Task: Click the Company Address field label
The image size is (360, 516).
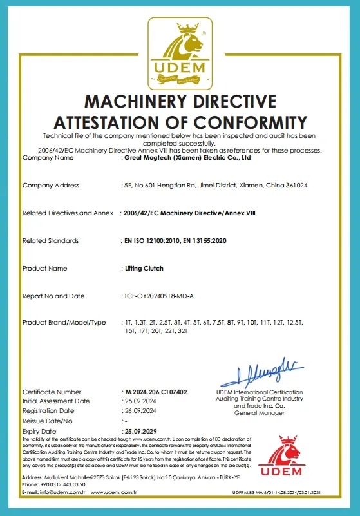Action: point(51,186)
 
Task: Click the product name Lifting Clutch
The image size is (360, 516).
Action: point(143,268)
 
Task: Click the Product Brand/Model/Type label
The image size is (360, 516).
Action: point(64,322)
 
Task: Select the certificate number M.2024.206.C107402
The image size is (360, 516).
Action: point(155,392)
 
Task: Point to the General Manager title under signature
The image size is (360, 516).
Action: point(259,412)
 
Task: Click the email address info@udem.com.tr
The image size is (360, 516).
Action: point(63,492)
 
